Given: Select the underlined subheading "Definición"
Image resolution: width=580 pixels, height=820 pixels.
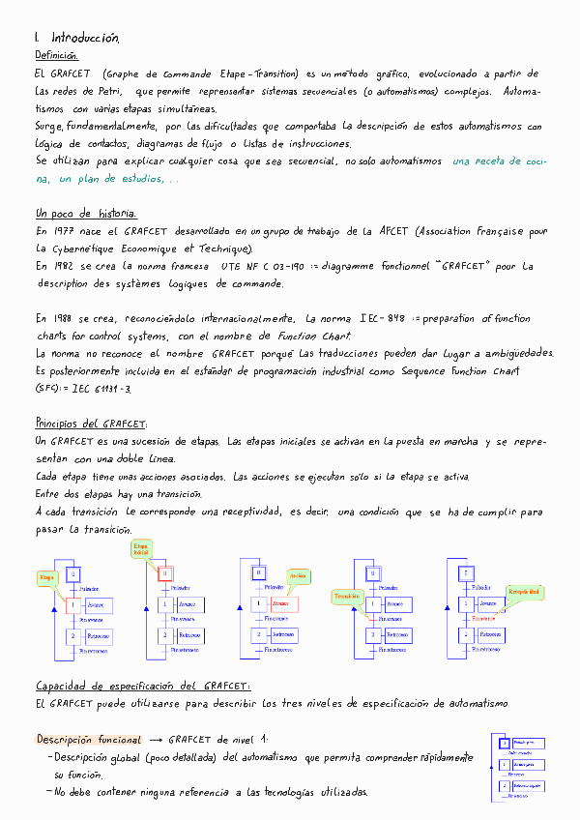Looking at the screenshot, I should coord(56,56).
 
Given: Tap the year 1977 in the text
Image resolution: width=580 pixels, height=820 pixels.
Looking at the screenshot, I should coord(61,232).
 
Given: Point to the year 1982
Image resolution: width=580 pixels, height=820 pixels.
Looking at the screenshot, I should coord(62,265).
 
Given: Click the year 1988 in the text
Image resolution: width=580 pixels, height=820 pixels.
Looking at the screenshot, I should coord(62,318).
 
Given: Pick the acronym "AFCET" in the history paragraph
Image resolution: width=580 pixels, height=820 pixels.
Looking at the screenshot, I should coord(394,232).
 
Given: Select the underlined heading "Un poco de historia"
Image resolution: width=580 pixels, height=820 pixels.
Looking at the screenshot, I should coord(85,213).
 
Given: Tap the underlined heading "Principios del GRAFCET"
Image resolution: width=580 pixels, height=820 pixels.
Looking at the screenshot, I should coord(91,424).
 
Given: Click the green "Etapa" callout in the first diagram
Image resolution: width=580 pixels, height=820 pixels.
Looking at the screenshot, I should coord(45,577).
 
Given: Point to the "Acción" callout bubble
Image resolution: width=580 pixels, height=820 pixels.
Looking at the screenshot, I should coord(298,576).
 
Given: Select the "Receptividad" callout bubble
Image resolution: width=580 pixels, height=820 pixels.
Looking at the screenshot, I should coord(523,590).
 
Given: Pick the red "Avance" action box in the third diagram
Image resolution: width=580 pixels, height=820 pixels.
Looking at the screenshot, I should coord(281,604).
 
